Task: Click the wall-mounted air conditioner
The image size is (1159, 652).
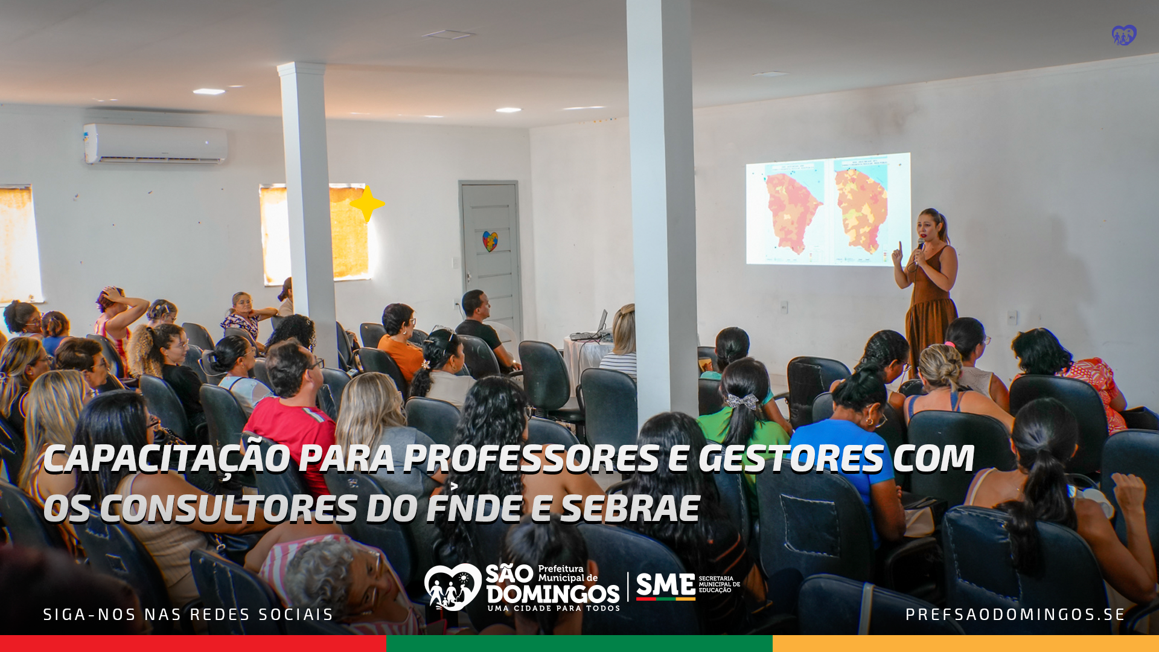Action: tap(156, 144)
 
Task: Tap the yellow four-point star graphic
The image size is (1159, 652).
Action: tap(367, 204)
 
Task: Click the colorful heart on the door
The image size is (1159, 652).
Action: tap(490, 241)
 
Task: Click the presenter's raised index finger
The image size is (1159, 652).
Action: tap(900, 248)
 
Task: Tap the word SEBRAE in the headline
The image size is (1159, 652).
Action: tap(630, 508)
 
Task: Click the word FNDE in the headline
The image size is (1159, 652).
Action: tap(474, 508)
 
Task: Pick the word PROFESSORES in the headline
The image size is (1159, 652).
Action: tap(531, 458)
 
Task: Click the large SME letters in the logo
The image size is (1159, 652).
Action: tap(665, 585)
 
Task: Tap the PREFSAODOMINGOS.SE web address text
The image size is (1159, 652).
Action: tap(1015, 615)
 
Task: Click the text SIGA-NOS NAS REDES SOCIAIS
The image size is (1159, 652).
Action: tap(188, 615)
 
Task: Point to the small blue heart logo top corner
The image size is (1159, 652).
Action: tap(1124, 35)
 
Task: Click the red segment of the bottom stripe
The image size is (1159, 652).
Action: tap(193, 644)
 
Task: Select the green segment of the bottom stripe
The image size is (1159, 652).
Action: tap(579, 644)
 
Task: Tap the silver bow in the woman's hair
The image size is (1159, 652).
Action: tap(742, 401)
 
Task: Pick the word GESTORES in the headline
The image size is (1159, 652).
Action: tap(791, 458)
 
